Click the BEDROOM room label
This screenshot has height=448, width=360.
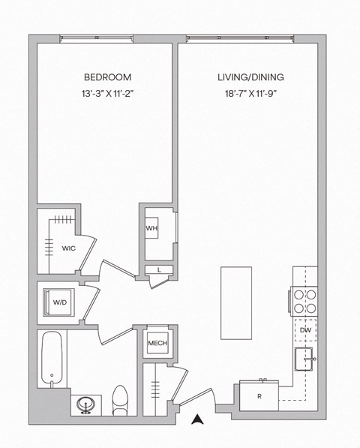point(107,77)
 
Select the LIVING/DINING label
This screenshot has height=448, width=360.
point(250,77)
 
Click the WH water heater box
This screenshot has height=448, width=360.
point(151,228)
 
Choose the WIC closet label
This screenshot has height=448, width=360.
point(68,247)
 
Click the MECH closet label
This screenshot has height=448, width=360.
point(157,344)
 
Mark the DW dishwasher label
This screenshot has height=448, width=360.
point(305,330)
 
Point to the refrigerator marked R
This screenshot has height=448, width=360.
point(259,395)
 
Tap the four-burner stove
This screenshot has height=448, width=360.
point(304,301)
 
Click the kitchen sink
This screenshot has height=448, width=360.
point(304,359)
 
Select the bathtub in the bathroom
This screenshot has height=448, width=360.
point(50,359)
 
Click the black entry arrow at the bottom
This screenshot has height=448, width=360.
point(198,420)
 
